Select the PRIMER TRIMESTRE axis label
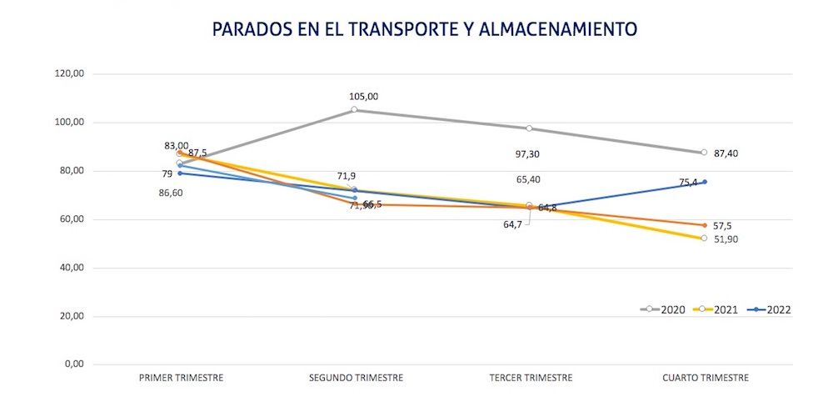coord(181,378)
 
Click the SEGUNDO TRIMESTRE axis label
coord(356,378)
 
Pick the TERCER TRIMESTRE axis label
coord(531,378)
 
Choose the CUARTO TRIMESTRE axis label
coord(706,378)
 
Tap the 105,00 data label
coord(363,97)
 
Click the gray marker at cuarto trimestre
coord(704,153)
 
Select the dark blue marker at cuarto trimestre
coord(705,182)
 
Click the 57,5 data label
coord(721,226)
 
